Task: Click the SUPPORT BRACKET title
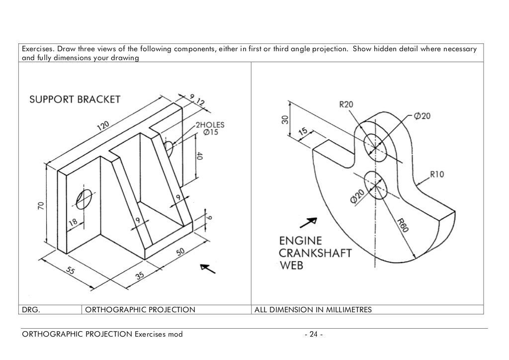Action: (x=74, y=99)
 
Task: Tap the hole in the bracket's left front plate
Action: (x=85, y=199)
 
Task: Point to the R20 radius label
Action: (x=346, y=104)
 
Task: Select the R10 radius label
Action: (x=437, y=175)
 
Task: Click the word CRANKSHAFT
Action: (x=315, y=253)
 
